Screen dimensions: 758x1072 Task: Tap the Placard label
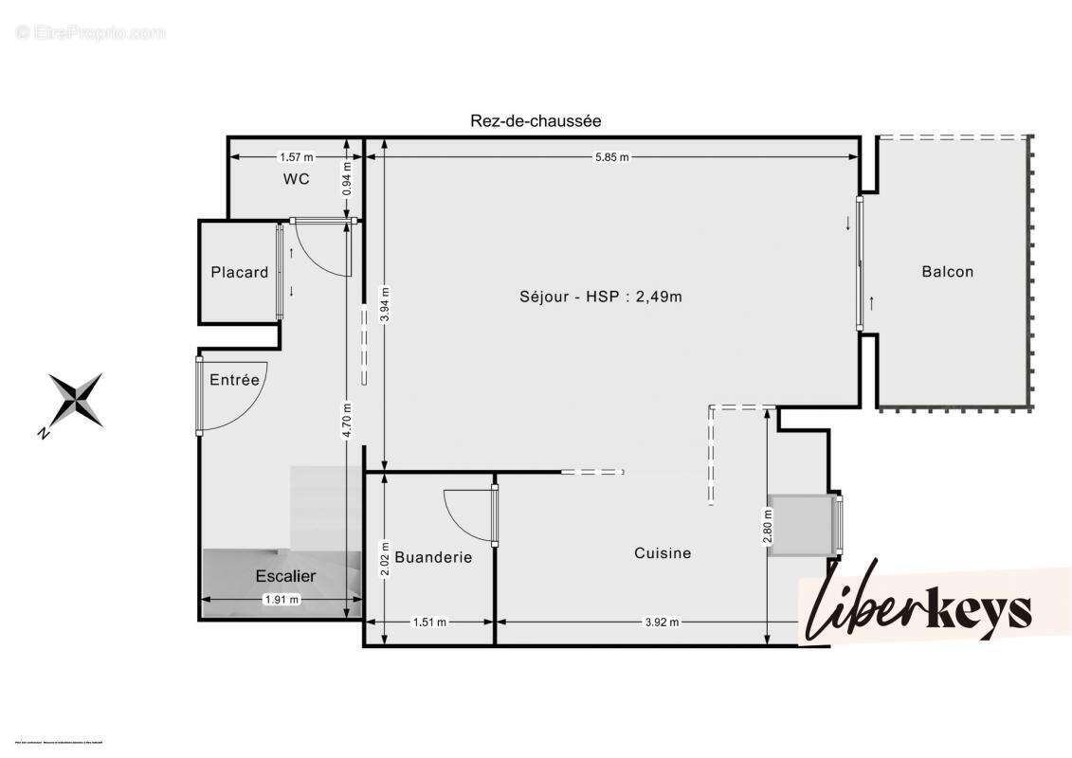click(x=239, y=272)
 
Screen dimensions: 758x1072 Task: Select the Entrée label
click(x=234, y=379)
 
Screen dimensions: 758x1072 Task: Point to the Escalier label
click(x=285, y=575)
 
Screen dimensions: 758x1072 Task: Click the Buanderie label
click(x=433, y=557)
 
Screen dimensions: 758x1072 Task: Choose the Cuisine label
click(x=663, y=553)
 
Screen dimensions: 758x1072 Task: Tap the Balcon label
click(x=947, y=272)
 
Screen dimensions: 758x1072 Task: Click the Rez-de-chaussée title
click(x=536, y=120)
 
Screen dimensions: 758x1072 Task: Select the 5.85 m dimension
click(x=611, y=157)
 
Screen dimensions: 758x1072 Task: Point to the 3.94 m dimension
click(x=384, y=304)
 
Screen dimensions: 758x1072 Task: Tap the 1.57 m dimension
click(x=296, y=157)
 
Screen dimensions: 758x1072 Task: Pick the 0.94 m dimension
click(x=348, y=178)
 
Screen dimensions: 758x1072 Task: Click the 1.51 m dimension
click(x=429, y=623)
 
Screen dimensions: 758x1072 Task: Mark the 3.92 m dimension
click(x=662, y=623)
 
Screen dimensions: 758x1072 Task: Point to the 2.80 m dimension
click(x=767, y=527)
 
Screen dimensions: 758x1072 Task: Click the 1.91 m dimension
click(x=281, y=599)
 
